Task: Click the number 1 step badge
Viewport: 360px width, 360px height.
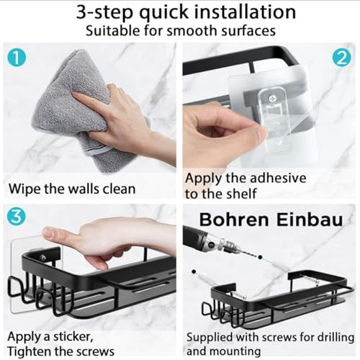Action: point(17,58)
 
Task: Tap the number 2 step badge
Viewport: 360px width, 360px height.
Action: point(342,58)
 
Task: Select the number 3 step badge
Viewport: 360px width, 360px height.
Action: point(17,217)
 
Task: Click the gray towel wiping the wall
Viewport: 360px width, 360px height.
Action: point(72,110)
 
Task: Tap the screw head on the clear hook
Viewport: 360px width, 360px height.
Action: point(272,98)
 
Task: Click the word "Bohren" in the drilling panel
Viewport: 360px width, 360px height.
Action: point(234,220)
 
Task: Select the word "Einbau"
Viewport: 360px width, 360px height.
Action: point(310,220)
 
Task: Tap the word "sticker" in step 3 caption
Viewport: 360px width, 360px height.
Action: point(73,337)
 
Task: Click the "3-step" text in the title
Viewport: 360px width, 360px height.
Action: point(104,12)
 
